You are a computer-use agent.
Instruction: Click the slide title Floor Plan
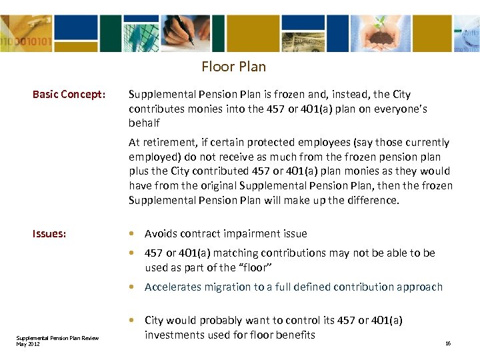coord(233,67)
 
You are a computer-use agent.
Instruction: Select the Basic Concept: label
coord(69,95)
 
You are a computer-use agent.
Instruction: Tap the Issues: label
coord(49,234)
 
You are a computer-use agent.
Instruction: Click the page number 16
coord(448,343)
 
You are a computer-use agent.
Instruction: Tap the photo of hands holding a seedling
coord(379,32)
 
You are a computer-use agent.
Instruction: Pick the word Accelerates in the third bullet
coord(173,287)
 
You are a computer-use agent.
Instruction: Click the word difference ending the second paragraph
coord(374,200)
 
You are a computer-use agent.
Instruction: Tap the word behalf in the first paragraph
coord(144,123)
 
